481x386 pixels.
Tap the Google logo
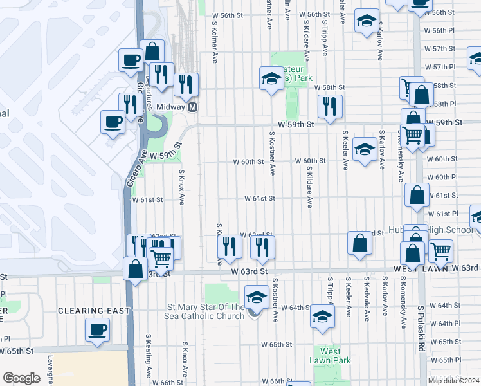(x=21, y=378)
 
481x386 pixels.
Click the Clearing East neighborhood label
(x=94, y=310)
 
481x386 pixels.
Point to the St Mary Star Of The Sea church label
(x=206, y=311)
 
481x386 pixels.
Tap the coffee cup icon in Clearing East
(x=98, y=330)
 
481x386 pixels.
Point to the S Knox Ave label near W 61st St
(x=182, y=187)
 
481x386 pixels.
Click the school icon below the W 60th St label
(x=365, y=151)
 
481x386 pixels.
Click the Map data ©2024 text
(x=453, y=380)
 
